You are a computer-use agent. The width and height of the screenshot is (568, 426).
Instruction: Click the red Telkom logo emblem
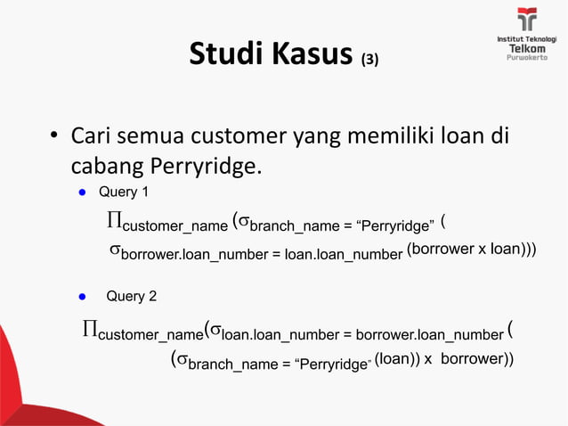click(x=527, y=20)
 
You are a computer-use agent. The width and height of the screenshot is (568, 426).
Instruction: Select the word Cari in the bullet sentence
click(x=91, y=138)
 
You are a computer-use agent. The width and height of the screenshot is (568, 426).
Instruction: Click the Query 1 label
click(x=118, y=192)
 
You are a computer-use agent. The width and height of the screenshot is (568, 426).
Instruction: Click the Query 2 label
click(x=131, y=296)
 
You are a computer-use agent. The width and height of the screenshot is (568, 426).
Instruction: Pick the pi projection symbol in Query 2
click(x=89, y=332)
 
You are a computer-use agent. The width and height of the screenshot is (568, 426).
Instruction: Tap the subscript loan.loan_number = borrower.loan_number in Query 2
click(x=361, y=336)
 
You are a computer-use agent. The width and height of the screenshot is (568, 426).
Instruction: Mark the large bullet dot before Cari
click(x=53, y=139)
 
